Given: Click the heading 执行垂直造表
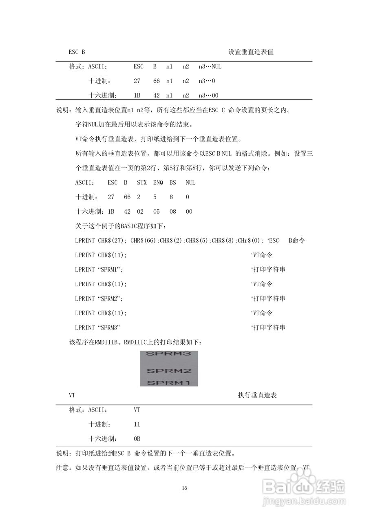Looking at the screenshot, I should (x=257, y=396).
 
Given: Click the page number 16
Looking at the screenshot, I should (x=184, y=488).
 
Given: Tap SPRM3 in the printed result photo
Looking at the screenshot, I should (x=168, y=354).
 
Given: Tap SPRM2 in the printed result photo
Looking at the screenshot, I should (x=168, y=371).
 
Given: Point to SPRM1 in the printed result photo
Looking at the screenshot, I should (x=168, y=383).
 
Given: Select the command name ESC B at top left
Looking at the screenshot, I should (x=77, y=52).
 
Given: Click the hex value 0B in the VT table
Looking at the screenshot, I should (x=137, y=439).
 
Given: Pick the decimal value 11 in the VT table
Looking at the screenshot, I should (x=137, y=425).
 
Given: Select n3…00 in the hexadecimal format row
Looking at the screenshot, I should (x=208, y=96).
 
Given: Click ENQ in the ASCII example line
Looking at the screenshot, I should (x=158, y=183).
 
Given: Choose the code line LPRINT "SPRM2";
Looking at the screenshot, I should (x=99, y=299).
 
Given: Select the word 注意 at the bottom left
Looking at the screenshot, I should (x=62, y=468).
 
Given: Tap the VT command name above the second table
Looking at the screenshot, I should (x=72, y=396).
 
